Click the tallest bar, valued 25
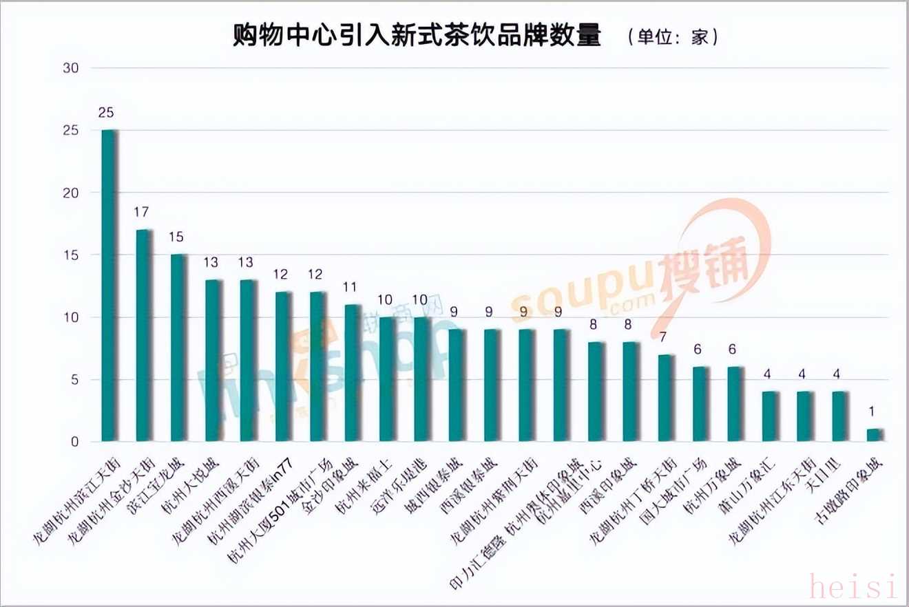pyautogui.click(x=109, y=286)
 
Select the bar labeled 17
pyautogui.click(x=144, y=335)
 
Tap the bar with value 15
pyautogui.click(x=178, y=348)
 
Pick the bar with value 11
pyautogui.click(x=352, y=372)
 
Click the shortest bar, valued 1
pyautogui.click(x=873, y=435)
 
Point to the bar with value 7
pyautogui.click(x=665, y=398)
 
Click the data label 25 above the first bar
pyautogui.click(x=106, y=112)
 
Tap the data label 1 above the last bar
pyautogui.click(x=872, y=412)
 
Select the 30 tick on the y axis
pyautogui.click(x=71, y=68)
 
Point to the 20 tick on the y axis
pyautogui.click(x=71, y=193)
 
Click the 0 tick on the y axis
pyautogui.click(x=75, y=442)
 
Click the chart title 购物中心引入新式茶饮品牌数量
pyautogui.click(x=417, y=36)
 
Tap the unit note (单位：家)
pyautogui.click(x=673, y=36)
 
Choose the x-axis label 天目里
pyautogui.click(x=824, y=475)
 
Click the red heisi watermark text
pyautogui.click(x=853, y=586)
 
